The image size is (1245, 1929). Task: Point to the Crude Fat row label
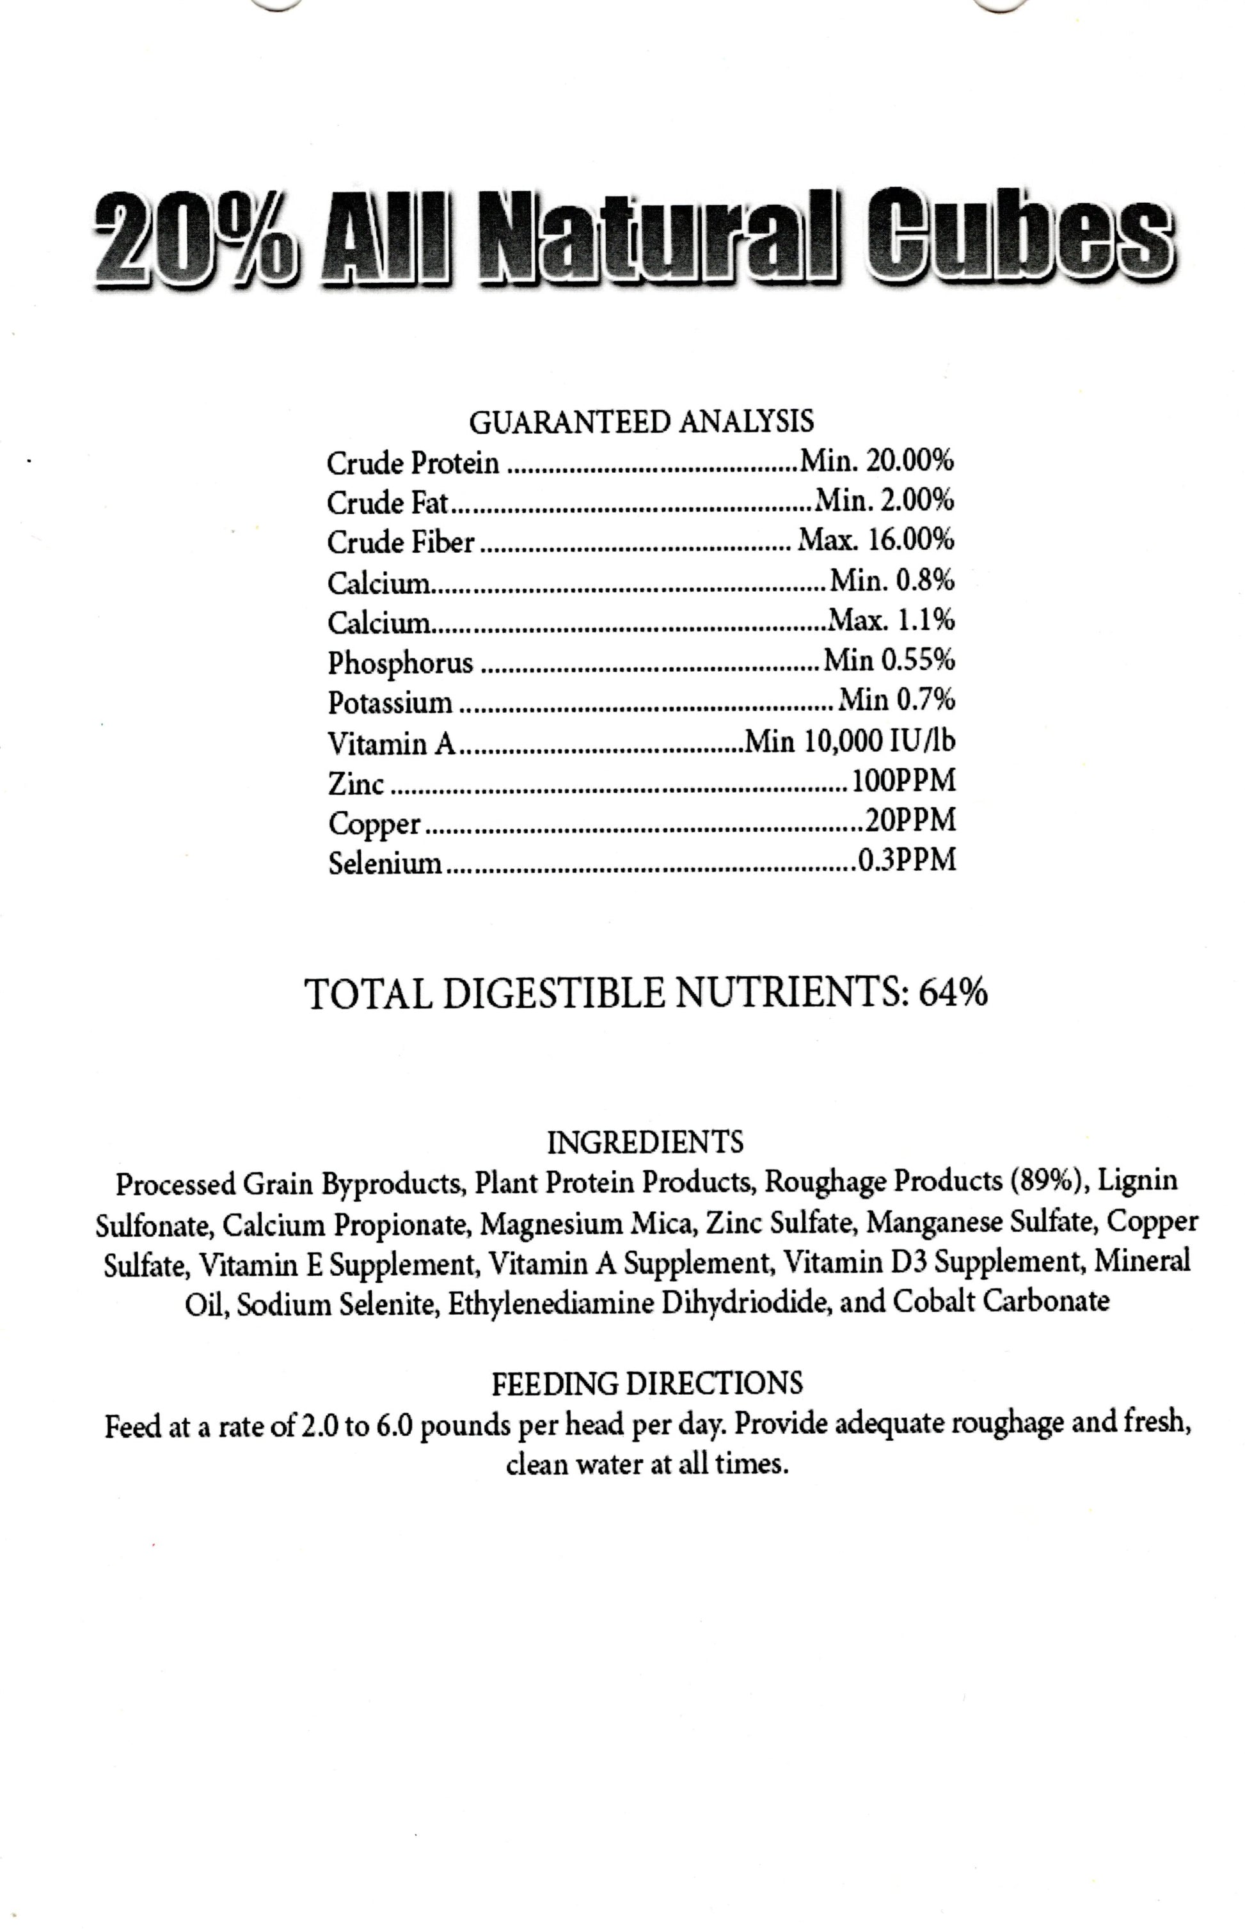click(x=386, y=503)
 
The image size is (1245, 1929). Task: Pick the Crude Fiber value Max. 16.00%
click(x=876, y=539)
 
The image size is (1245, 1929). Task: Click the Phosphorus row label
click(x=400, y=662)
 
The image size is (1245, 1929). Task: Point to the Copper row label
click(x=374, y=823)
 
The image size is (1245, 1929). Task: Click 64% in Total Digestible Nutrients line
click(x=953, y=993)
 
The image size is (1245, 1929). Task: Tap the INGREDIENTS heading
click(x=644, y=1142)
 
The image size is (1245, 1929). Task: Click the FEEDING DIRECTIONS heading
click(x=647, y=1383)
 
